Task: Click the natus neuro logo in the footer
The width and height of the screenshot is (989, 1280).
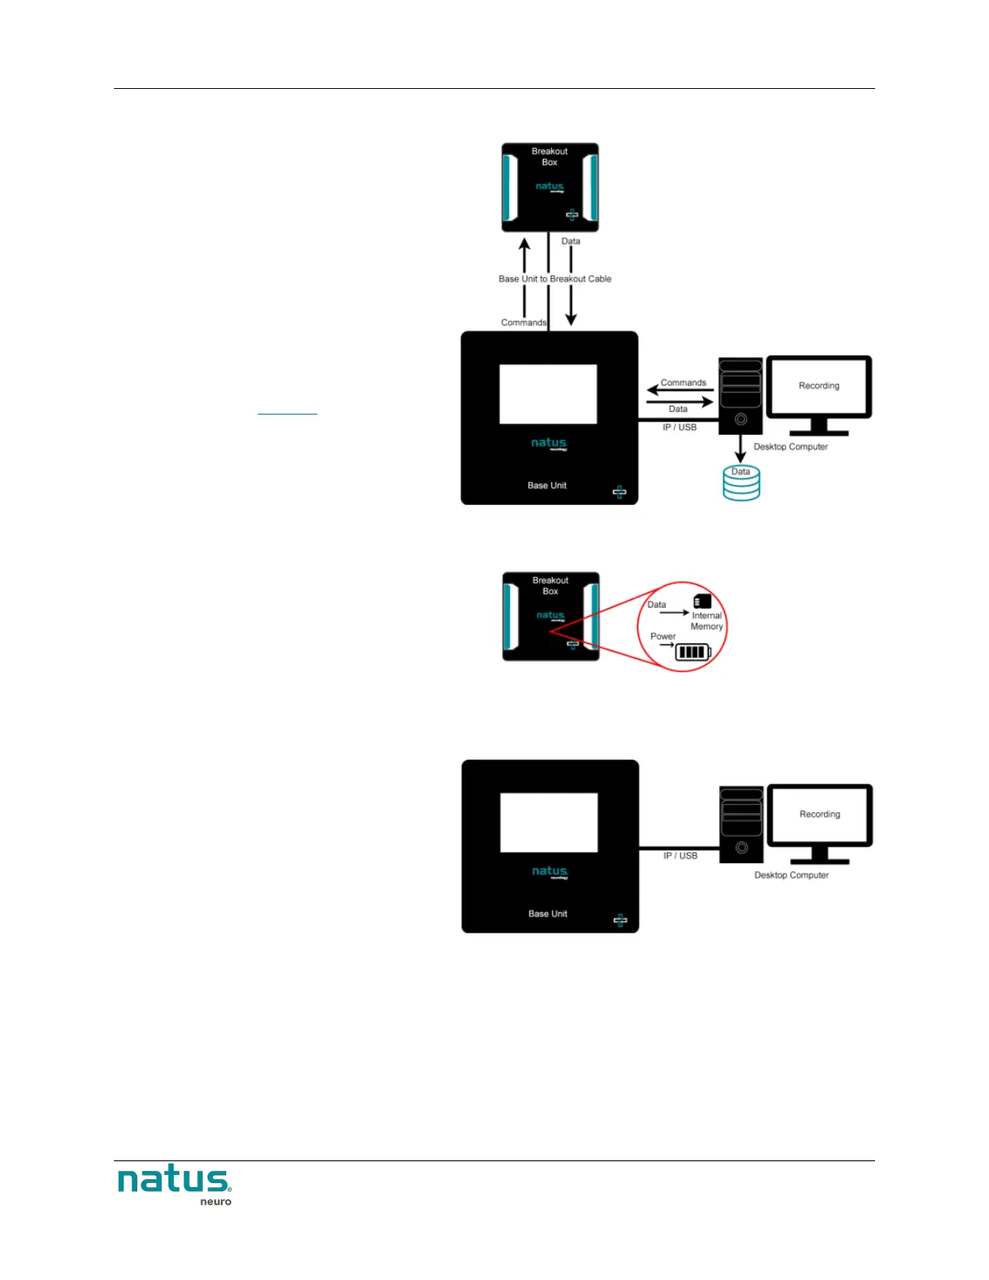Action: pos(175,1185)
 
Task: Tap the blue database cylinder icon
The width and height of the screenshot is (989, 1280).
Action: pos(741,484)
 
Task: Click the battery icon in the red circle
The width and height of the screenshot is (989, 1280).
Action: pos(692,651)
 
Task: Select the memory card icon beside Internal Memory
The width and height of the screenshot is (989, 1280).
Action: pos(702,601)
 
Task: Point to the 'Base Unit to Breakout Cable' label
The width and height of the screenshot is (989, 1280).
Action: pos(555,279)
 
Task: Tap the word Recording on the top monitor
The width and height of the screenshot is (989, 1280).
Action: pos(819,385)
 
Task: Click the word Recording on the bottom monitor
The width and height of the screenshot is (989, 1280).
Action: pos(819,814)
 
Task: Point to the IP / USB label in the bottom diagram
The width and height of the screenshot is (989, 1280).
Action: pos(680,856)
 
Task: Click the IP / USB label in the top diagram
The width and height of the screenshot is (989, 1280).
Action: pos(680,427)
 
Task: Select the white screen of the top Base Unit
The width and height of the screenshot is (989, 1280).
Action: pos(548,394)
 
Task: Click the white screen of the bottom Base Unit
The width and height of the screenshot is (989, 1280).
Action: pos(549,823)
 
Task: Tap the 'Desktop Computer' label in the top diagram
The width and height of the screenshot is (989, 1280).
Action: pos(790,447)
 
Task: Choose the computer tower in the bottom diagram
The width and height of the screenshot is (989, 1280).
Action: pos(741,825)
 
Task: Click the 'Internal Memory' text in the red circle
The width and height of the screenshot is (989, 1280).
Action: pos(707,621)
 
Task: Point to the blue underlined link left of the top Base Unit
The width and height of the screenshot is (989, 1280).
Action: pos(287,411)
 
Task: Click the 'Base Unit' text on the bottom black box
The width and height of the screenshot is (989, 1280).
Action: pos(548,914)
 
